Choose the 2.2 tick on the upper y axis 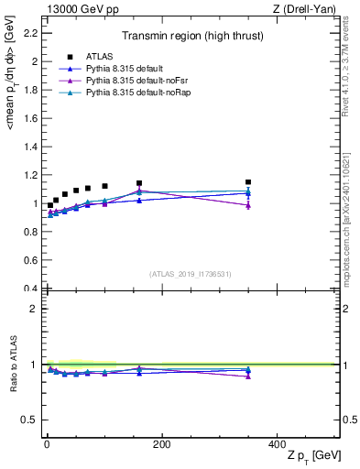[29, 34]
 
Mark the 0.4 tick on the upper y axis [29, 289]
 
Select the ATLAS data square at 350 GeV [247, 182]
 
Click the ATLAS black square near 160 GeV [138, 183]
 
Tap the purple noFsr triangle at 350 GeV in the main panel [247, 205]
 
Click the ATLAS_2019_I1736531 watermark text [191, 273]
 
